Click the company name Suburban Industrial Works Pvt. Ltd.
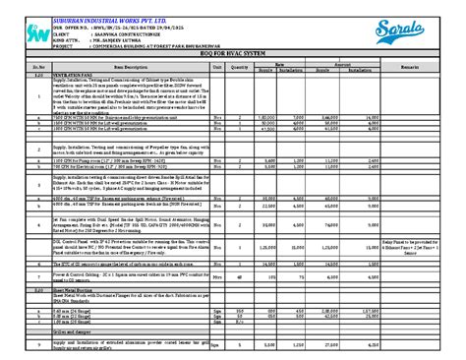coord(94,7)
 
